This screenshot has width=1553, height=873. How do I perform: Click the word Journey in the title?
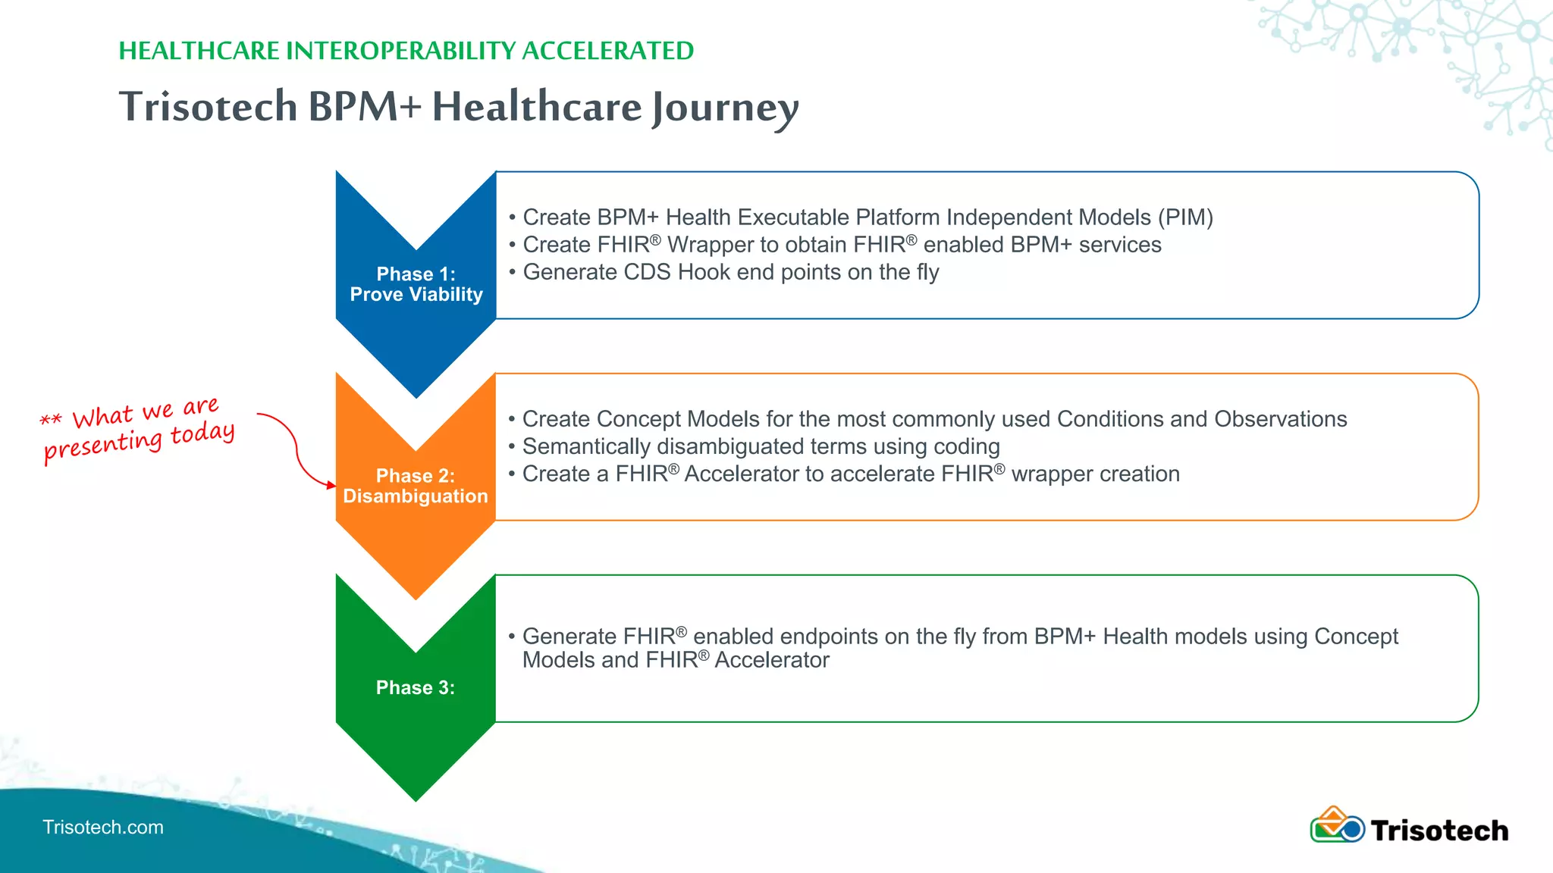(726, 107)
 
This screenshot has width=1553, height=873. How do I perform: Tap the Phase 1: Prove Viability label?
(416, 284)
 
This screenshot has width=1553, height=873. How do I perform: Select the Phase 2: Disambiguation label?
(416, 486)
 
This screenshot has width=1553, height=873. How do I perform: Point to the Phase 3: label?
(416, 687)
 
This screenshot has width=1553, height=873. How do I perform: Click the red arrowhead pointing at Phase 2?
(331, 485)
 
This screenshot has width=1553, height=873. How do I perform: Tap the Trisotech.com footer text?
(103, 827)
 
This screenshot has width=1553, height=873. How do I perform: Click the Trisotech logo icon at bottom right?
(1337, 826)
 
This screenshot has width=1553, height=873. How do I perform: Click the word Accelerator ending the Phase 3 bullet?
(772, 660)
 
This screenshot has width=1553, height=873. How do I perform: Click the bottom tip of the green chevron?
(416, 797)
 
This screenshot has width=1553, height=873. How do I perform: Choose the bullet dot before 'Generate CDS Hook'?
(513, 273)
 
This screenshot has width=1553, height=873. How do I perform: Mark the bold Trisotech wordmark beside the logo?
(1439, 831)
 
